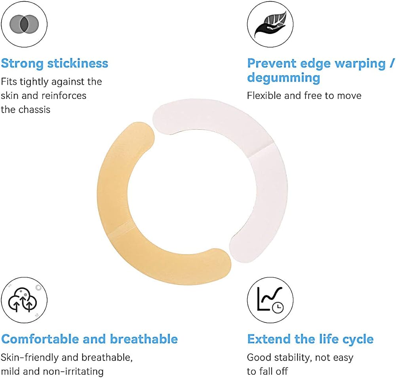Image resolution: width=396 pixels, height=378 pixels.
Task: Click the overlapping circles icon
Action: click(24, 24)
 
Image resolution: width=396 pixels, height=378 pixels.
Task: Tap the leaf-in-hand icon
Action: click(270, 24)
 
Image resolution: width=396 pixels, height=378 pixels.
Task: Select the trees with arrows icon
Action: click(23, 300)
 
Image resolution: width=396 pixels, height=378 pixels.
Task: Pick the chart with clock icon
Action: click(270, 300)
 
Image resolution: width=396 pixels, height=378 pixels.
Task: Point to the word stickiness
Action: click(78, 63)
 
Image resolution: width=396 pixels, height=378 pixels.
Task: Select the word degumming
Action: click(284, 78)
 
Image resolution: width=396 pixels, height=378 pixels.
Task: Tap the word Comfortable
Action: click(40, 339)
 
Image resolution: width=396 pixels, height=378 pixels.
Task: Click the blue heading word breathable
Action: click(144, 339)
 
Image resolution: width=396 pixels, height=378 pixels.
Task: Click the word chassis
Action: click(34, 110)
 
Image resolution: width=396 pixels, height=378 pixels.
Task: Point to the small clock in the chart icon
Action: click(278, 307)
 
